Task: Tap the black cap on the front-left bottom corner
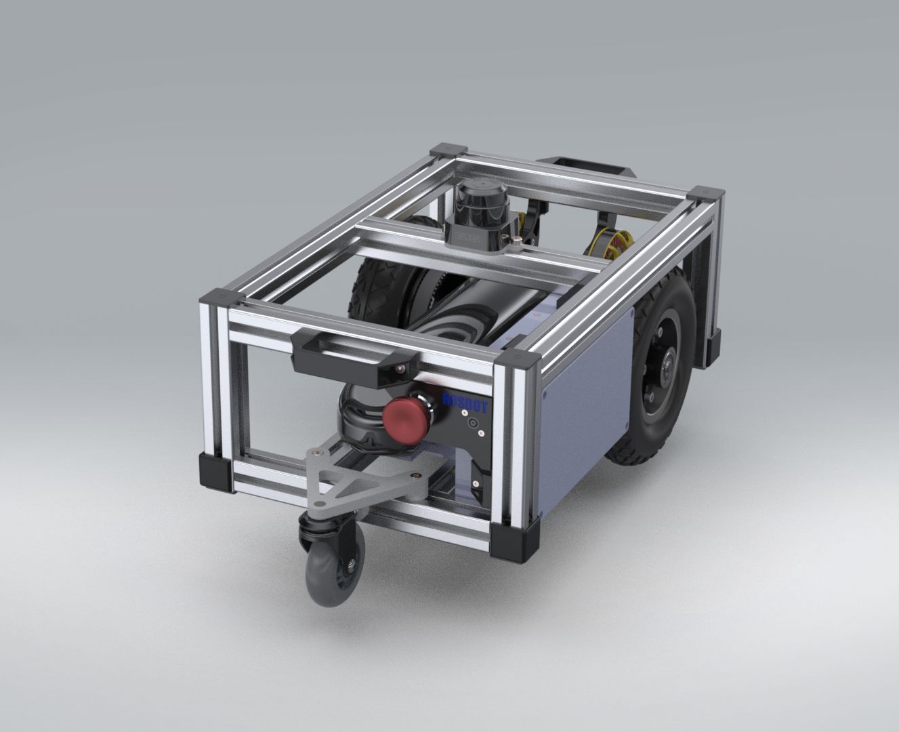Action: coord(216,472)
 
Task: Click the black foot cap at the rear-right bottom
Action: coord(714,347)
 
